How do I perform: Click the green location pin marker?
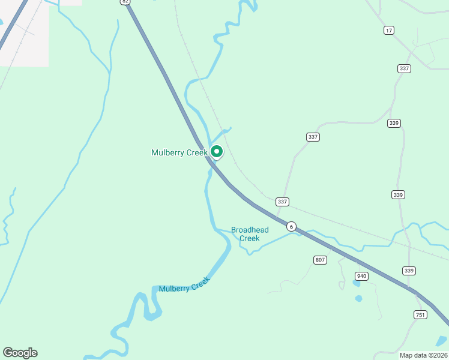click(x=217, y=152)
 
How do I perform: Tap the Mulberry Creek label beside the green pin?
click(x=179, y=153)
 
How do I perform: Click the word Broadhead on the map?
click(x=250, y=230)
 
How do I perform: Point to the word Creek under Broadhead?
click(x=250, y=238)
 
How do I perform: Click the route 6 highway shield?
click(x=291, y=226)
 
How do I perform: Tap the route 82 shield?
click(x=125, y=2)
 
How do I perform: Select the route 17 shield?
click(x=390, y=30)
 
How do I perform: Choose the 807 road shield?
click(x=320, y=260)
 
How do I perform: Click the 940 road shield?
click(x=361, y=276)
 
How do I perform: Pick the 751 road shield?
click(x=420, y=315)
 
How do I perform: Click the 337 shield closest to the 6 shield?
click(x=283, y=202)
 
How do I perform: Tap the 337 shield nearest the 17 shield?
click(x=404, y=68)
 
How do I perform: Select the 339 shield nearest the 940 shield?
click(x=409, y=271)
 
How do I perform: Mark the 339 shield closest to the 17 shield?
click(x=394, y=123)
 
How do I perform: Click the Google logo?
click(x=20, y=353)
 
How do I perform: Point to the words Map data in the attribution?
click(x=413, y=355)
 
